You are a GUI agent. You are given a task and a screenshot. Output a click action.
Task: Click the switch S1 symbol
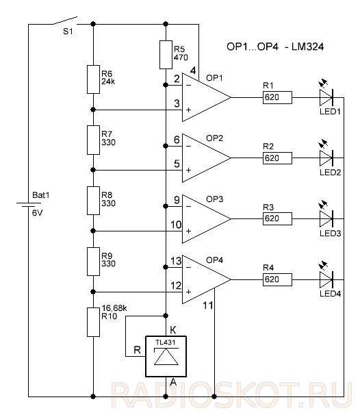65,21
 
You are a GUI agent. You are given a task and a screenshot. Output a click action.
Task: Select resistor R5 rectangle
166,55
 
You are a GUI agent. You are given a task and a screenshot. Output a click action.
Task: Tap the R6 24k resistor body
93,79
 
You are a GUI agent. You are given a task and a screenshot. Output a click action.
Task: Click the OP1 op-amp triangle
206,97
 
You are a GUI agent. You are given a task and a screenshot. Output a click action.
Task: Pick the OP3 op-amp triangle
206,219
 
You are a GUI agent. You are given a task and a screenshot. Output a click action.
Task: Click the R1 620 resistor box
277,97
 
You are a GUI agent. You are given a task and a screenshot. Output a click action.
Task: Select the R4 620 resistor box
277,279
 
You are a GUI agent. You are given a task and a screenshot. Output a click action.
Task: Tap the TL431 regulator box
166,356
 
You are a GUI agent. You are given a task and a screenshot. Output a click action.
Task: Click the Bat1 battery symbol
29,205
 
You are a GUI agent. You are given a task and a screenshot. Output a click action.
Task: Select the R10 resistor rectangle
93,322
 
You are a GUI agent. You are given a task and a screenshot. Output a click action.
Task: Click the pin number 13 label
176,261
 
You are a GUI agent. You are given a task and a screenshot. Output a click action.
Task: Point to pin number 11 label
207,305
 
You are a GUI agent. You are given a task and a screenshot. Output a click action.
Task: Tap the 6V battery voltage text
37,213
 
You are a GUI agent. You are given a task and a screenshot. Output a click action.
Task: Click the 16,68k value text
114,308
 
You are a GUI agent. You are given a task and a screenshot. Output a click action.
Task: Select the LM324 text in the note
307,47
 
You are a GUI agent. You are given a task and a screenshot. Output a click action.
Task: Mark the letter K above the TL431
173,330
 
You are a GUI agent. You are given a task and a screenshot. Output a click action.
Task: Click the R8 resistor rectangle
93,201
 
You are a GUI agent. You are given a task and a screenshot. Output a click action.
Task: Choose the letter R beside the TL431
137,350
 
